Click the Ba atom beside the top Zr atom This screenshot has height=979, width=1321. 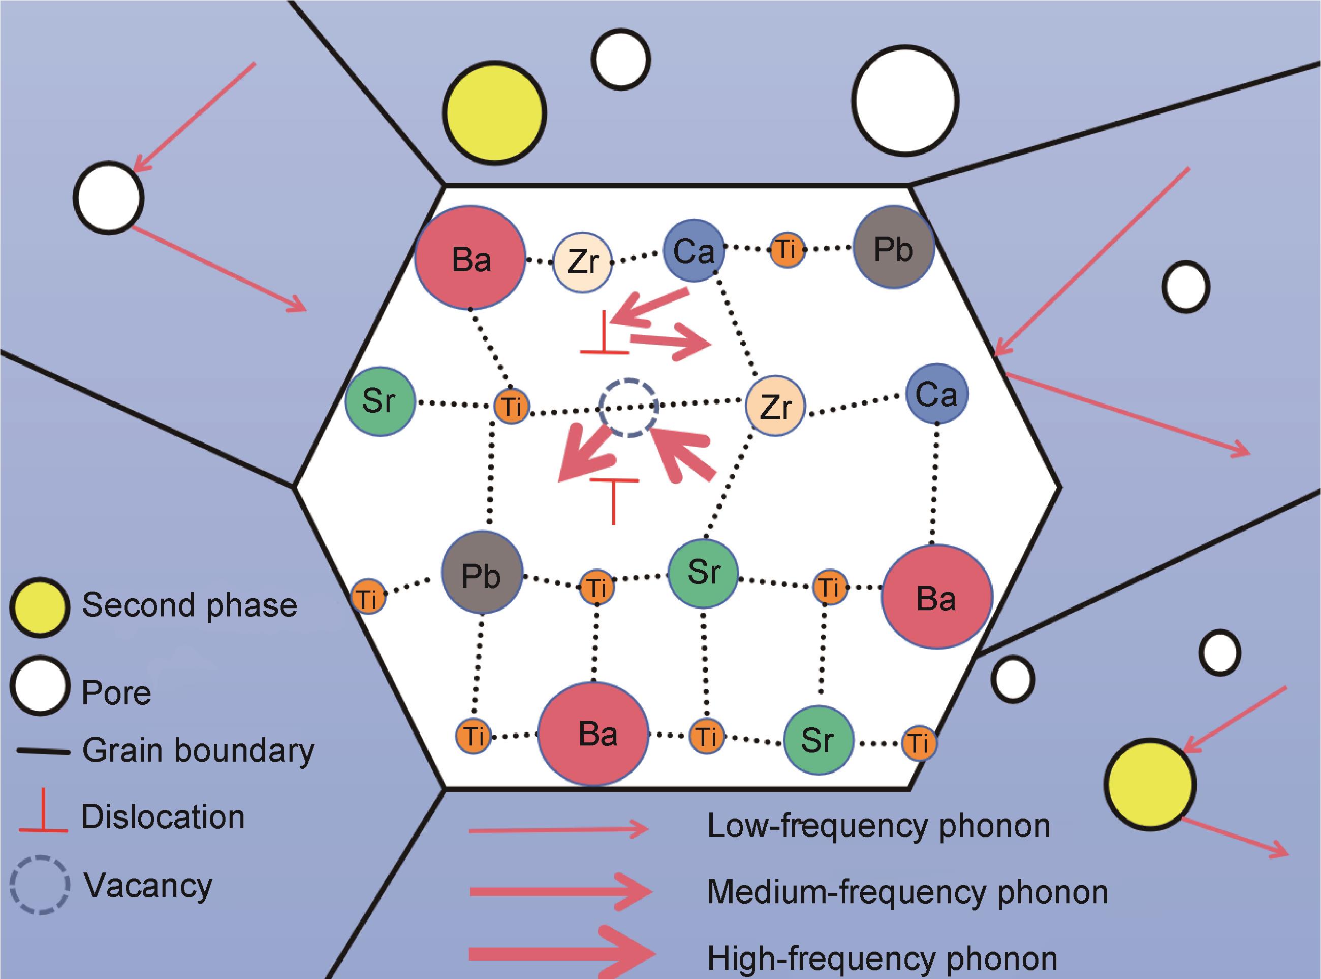point(470,258)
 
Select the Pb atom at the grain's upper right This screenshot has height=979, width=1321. point(894,248)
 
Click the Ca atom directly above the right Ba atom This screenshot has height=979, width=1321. point(936,394)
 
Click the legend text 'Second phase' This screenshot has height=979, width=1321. point(189,605)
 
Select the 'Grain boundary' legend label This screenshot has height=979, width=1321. point(198,751)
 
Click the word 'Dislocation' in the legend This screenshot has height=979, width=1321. point(163,817)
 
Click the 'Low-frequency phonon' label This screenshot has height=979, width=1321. point(878,826)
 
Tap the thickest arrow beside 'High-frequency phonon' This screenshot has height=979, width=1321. point(561,954)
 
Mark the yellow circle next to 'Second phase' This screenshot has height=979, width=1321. point(40,607)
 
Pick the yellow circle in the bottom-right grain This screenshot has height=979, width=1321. point(1149,784)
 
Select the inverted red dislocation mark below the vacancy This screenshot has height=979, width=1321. point(614,498)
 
